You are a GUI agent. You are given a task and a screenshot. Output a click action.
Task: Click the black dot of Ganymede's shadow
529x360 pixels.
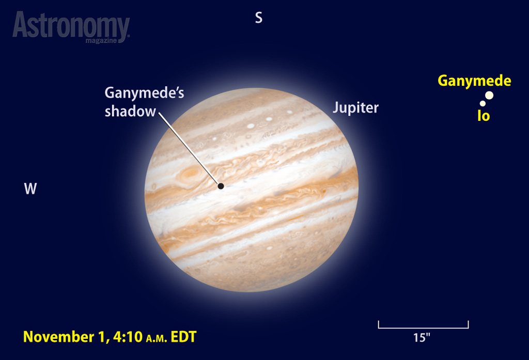point(221,186)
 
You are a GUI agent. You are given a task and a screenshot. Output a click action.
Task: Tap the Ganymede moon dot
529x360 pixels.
point(489,96)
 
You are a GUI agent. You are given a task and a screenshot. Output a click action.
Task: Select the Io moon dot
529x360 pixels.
point(483,104)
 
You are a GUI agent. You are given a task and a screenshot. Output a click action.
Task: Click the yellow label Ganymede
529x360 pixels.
point(474,81)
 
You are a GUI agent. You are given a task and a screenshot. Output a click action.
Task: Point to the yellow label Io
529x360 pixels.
point(484,116)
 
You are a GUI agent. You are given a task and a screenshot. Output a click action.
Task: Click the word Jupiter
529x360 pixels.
point(355,108)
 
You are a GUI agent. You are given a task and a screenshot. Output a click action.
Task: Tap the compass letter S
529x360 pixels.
point(259,18)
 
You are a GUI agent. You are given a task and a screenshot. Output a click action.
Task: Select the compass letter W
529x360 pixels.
point(30,189)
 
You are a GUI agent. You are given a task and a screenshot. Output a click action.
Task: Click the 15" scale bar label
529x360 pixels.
point(422,338)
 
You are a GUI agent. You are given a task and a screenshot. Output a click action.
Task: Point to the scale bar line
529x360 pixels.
point(424,327)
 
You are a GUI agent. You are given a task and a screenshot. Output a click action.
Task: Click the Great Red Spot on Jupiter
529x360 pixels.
point(191,174)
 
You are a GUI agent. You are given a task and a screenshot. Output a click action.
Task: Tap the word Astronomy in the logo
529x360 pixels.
point(71,26)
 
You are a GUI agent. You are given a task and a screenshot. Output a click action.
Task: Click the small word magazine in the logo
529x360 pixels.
point(101,41)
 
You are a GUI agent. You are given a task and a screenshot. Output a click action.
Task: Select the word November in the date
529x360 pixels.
point(58,337)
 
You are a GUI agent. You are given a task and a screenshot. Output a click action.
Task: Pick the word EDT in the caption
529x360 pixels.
point(183,337)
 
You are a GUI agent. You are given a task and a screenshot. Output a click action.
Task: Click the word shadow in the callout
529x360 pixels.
point(130,112)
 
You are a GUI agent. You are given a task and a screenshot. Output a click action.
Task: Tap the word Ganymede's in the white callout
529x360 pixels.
point(145,93)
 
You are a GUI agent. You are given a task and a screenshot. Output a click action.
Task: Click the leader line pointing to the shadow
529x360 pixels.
point(189,148)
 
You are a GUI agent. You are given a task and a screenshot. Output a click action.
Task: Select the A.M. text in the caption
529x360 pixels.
point(157,338)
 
